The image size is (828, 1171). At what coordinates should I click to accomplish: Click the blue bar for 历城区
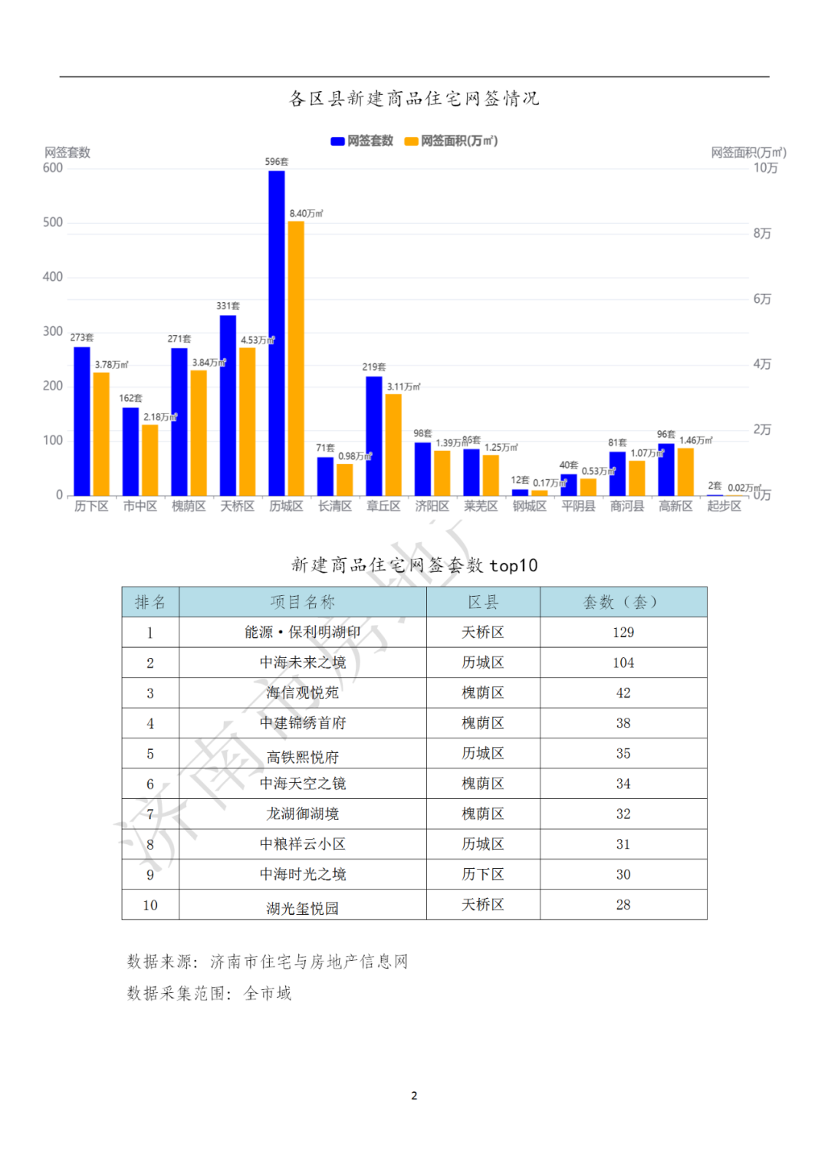277,333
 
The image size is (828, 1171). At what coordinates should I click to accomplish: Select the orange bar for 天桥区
248,422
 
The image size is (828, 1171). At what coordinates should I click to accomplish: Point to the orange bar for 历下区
101,434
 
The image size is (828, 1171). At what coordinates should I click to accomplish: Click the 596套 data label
277,162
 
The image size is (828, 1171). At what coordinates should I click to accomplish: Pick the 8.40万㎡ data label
306,213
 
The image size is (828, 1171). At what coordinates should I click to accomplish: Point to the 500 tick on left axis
53,222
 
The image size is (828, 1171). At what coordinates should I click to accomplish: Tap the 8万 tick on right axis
762,233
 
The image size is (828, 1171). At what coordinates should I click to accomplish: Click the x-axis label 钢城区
530,506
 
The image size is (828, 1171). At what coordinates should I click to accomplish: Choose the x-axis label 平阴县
578,506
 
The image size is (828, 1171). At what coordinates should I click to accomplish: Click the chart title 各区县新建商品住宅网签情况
414,98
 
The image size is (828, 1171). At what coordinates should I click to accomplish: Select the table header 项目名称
303,602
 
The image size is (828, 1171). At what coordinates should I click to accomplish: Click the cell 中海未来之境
303,663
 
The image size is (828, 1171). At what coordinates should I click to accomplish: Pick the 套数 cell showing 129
623,632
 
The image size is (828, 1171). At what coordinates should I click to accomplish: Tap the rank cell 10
150,905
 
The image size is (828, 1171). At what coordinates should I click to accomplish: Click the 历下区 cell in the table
483,874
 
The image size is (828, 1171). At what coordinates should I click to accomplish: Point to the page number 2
414,1095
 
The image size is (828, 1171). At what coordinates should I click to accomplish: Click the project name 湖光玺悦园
303,908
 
